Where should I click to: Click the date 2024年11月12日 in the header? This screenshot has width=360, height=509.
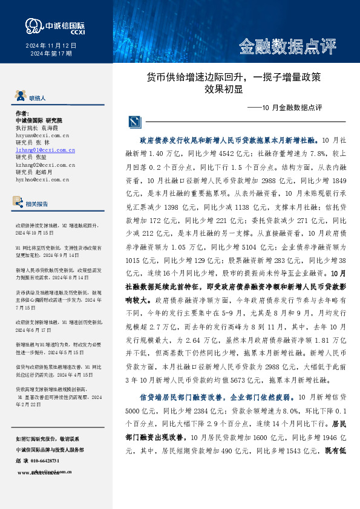click(x=51, y=46)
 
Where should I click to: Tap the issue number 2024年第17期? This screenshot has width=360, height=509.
click(x=51, y=54)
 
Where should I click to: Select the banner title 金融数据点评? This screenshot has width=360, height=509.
click(x=287, y=45)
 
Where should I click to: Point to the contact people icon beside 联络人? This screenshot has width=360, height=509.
click(x=19, y=96)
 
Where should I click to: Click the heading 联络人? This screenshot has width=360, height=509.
click(x=38, y=97)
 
